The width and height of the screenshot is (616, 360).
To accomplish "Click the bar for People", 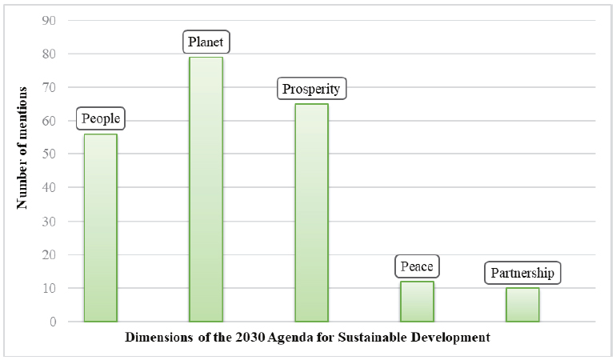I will coord(100,228).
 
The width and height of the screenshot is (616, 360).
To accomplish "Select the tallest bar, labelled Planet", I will coord(206,190).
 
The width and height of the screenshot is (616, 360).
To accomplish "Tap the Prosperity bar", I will coord(311,213).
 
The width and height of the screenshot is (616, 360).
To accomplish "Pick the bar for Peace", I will coord(417,302).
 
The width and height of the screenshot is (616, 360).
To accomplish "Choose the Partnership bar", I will coord(522,305).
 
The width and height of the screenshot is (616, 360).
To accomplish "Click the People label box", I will coord(101,119).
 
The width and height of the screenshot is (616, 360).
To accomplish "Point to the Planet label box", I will coord(206,42).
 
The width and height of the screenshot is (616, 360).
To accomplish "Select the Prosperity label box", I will coord(312,88).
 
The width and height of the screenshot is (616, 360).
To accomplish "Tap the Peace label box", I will coord(418,266).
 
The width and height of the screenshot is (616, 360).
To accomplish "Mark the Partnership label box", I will coord(522,274).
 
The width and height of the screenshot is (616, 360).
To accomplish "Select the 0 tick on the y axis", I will coord(51,322).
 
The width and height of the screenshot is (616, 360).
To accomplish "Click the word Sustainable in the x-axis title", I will coord(380,338).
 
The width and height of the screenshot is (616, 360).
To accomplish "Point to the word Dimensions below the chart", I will coord(157,338).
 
